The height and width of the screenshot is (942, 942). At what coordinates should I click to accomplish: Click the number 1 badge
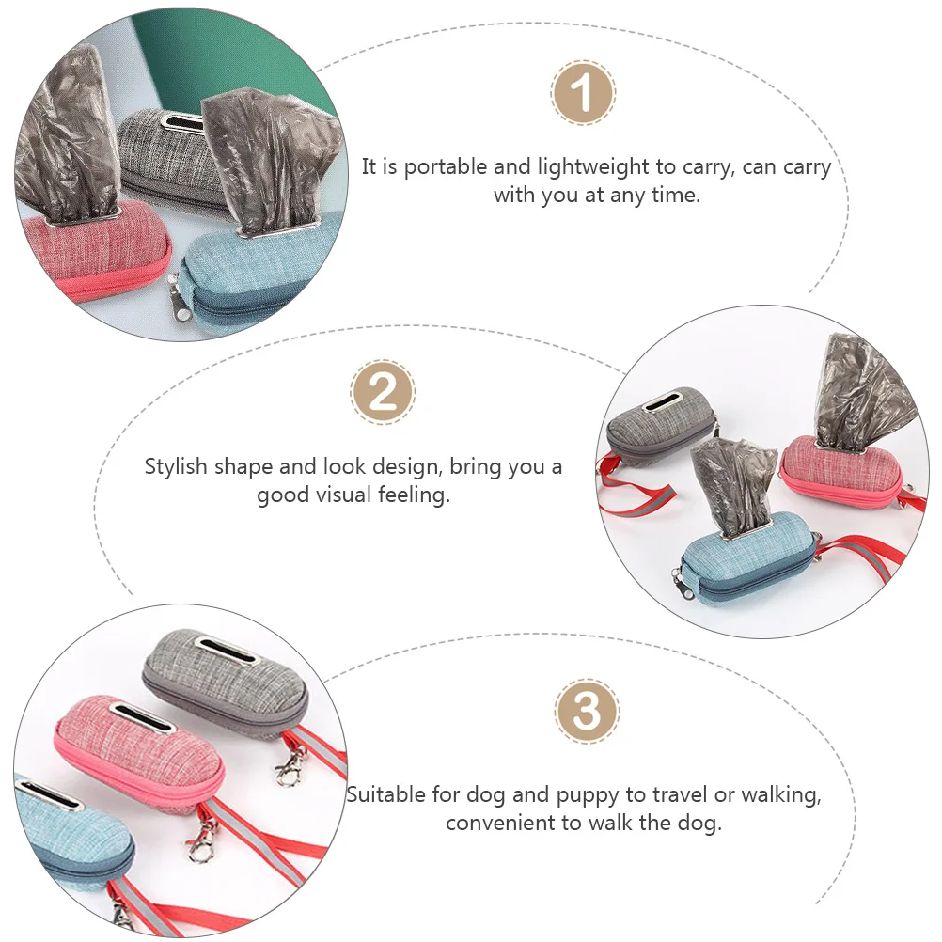click(583, 93)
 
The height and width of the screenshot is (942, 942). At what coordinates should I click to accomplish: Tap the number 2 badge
click(383, 391)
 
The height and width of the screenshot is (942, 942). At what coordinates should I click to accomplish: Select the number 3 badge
click(587, 711)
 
